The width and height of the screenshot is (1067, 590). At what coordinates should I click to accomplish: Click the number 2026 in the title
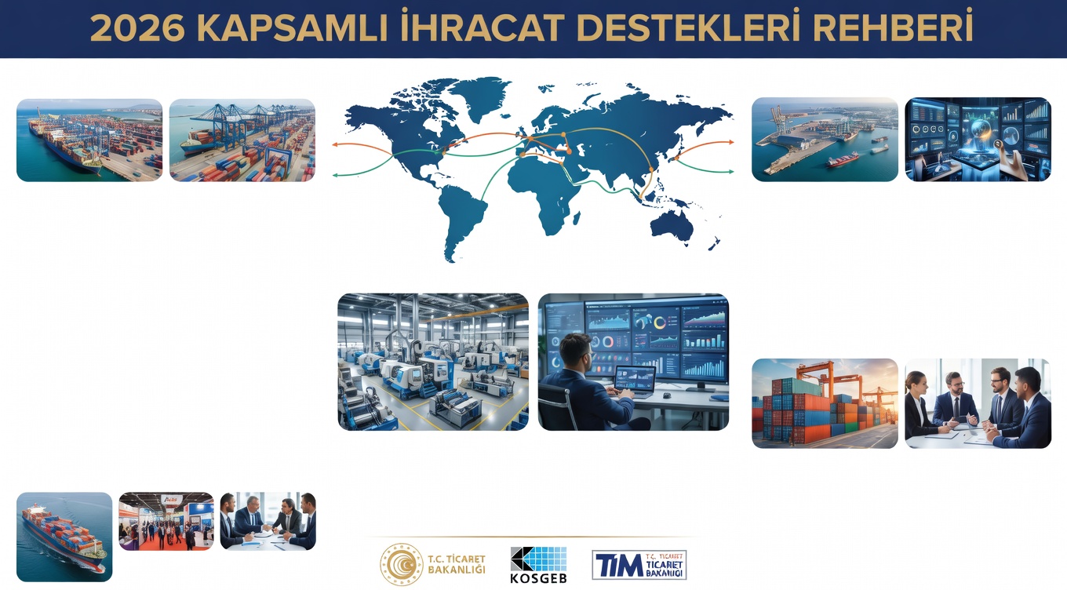click(x=137, y=28)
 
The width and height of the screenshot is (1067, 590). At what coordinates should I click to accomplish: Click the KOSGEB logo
click(x=538, y=565)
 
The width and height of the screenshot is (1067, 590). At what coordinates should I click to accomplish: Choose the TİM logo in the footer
click(x=639, y=565)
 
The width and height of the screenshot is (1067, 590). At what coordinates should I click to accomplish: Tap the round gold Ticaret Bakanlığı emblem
click(x=401, y=564)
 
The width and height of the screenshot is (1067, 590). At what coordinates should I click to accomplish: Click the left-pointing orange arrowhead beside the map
click(x=335, y=144)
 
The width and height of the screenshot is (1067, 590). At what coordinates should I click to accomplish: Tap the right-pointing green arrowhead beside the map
click(x=730, y=171)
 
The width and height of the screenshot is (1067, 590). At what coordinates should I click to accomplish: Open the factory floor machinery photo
click(x=433, y=362)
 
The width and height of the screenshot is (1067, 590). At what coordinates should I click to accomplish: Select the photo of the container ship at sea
click(x=64, y=537)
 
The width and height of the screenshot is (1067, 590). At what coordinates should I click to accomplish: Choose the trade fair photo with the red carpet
click(x=166, y=522)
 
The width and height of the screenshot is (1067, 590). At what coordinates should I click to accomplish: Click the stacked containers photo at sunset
click(x=825, y=403)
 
